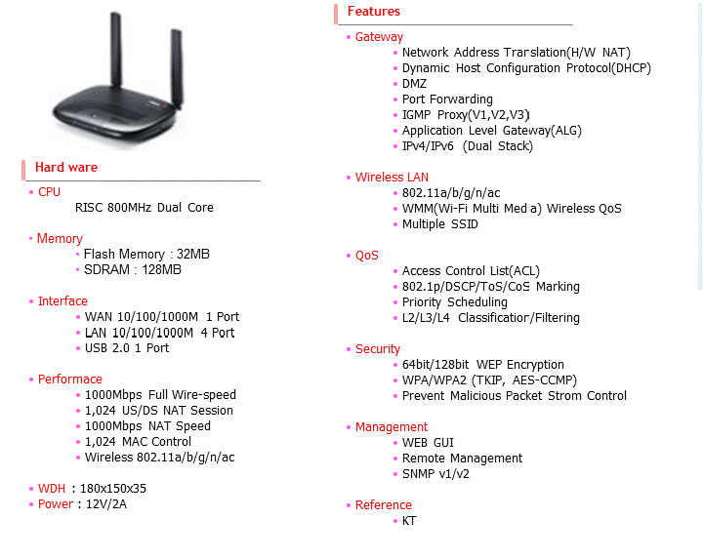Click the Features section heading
tap(374, 12)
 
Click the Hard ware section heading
tap(66, 168)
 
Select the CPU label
tap(49, 192)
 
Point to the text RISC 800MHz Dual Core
tap(144, 208)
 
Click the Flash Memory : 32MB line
tap(146, 255)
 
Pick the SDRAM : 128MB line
tap(133, 270)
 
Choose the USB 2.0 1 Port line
tap(127, 348)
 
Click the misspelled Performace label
tap(69, 379)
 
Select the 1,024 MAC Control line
tap(138, 442)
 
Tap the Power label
tap(55, 504)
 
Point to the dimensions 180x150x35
tap(114, 489)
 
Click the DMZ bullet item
tap(414, 84)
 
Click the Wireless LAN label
tap(392, 178)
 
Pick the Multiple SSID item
tap(440, 224)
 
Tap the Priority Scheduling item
tap(455, 302)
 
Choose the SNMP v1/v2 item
tap(435, 474)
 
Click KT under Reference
tap(409, 521)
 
